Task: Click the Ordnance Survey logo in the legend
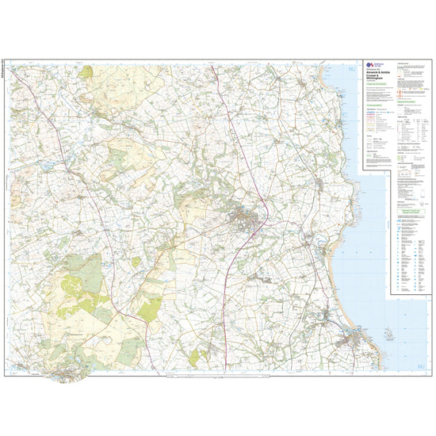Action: tap(369, 66)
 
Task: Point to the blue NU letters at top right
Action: tap(353, 72)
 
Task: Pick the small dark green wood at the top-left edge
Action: tap(86, 71)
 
